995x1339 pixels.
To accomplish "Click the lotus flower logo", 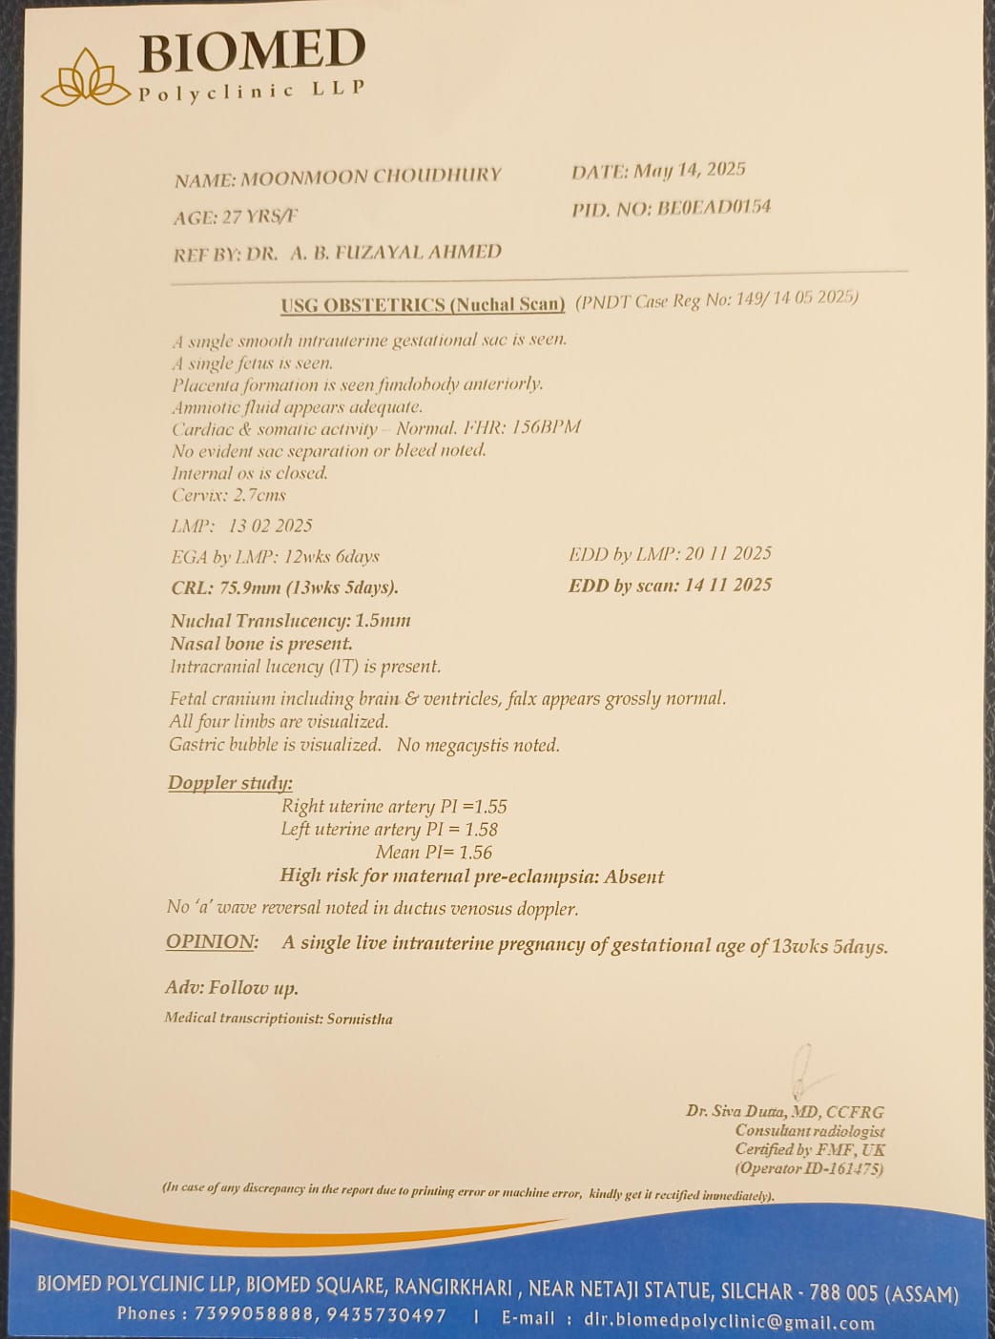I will click(x=86, y=78).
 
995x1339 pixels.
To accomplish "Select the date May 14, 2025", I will click(x=690, y=171).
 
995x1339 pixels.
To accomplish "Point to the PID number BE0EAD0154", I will click(x=714, y=207).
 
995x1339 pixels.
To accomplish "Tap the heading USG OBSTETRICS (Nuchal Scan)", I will click(x=423, y=305).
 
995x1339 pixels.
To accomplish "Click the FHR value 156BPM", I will click(x=546, y=427).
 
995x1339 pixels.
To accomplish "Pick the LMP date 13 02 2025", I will click(x=270, y=525).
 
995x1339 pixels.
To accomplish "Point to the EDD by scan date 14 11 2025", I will click(x=728, y=585).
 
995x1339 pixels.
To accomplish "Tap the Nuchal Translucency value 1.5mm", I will click(x=383, y=620).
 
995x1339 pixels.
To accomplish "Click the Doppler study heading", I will click(x=230, y=783).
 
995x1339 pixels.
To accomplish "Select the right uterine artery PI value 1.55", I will click(x=490, y=807).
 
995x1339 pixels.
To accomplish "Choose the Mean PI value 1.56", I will click(x=475, y=853).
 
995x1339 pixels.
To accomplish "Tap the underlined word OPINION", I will click(x=212, y=942).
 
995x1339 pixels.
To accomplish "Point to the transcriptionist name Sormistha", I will click(x=360, y=1019).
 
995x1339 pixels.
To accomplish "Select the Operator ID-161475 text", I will click(x=809, y=1168).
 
